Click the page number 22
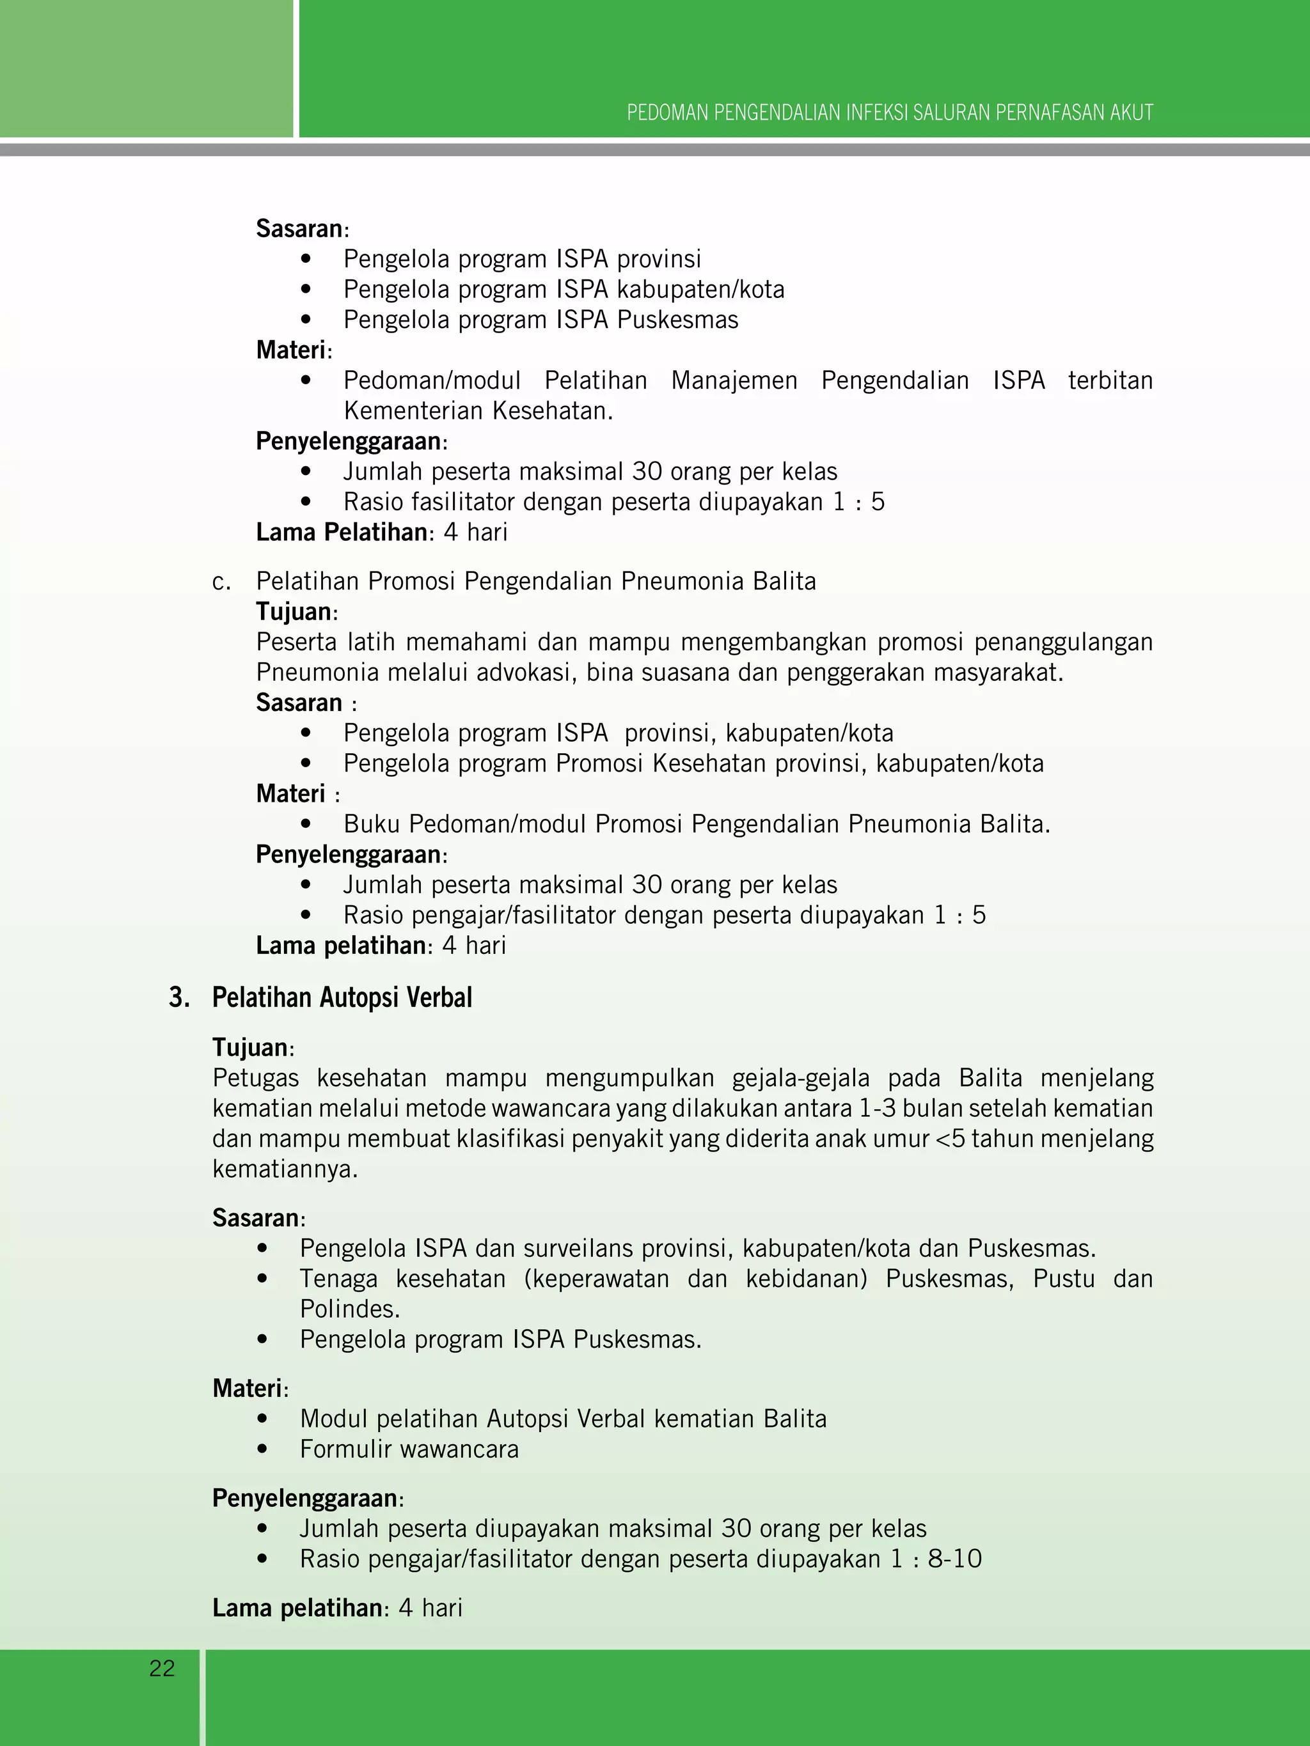point(162,1668)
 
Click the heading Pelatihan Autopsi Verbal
point(342,998)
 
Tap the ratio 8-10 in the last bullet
point(954,1559)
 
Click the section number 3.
point(178,998)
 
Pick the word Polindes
point(349,1309)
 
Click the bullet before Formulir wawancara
point(263,1449)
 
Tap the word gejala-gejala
point(800,1079)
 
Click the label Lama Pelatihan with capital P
point(341,532)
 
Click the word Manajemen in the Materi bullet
point(734,380)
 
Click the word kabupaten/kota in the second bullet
point(700,290)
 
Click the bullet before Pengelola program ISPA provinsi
point(306,259)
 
